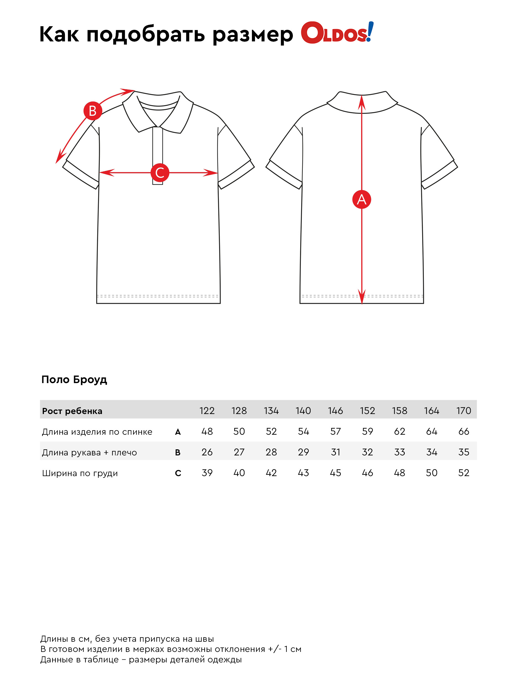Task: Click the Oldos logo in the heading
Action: coord(337,33)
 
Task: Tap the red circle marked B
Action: coord(93,111)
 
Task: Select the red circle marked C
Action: coord(160,173)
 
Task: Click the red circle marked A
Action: coord(361,199)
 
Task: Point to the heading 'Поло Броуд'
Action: coord(74,379)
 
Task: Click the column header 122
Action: coord(207,411)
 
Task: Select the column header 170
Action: coord(463,411)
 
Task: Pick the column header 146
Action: coord(335,411)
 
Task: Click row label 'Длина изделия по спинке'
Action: coord(97,432)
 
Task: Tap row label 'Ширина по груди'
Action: coord(80,473)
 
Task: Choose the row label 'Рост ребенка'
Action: coord(72,411)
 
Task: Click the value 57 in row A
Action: coord(335,431)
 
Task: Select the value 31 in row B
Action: coord(335,452)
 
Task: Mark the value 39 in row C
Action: coord(207,473)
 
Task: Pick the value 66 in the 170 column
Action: coord(463,431)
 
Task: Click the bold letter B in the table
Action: coord(178,452)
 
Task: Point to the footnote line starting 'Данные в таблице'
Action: coord(141,659)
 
